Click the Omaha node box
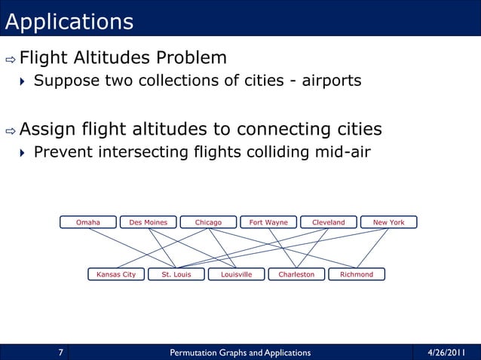point(89,222)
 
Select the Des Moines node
point(149,222)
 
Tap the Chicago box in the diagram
point(208,222)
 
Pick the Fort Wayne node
point(268,222)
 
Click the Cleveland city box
point(328,222)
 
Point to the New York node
point(388,222)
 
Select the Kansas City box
point(116,274)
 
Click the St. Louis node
point(176,274)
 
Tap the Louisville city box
point(236,274)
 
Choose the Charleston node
point(296,274)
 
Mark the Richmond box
point(357,274)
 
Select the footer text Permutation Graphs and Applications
point(240,352)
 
